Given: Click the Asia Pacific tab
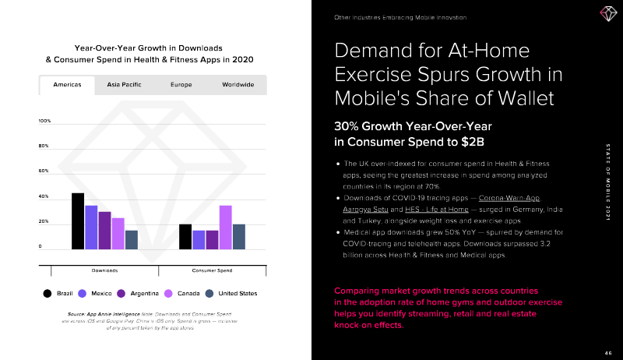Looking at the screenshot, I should coord(124,84).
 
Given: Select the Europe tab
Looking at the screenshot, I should coord(181,84).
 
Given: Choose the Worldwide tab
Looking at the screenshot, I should coord(238,84).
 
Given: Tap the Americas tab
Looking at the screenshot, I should coord(67,84).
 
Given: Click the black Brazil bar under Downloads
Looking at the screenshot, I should coord(78,221).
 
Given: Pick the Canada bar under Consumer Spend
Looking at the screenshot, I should coord(225,227).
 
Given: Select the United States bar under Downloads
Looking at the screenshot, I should coord(131,239).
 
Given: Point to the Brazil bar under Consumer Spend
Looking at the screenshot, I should coord(185,236).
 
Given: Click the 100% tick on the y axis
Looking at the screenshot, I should coord(44,122).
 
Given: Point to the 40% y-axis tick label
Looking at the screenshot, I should coord(44,196).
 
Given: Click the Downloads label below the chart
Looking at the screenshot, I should coord(104,270).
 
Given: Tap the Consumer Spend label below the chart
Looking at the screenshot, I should coord(212,270).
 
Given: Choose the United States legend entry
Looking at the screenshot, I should coord(231,294).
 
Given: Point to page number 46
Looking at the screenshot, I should coord(608,352).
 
